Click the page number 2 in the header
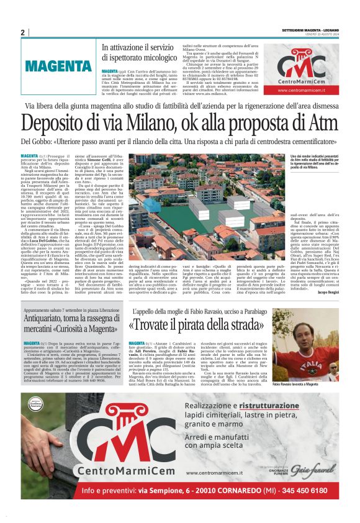point(23,32)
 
